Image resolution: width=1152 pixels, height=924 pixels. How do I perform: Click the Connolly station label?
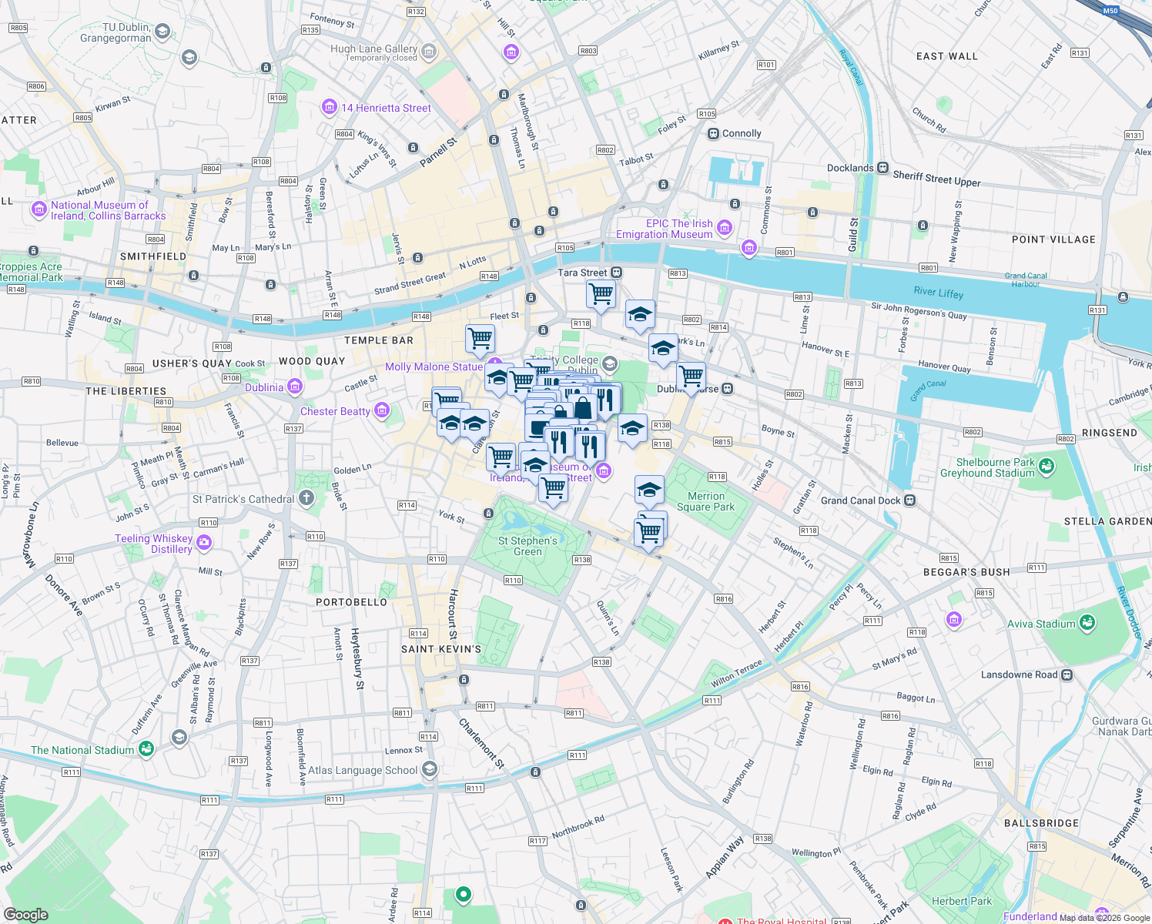click(x=741, y=133)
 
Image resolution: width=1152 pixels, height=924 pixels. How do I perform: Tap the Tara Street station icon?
click(x=616, y=273)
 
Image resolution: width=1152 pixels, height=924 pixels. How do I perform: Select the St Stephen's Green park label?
click(x=527, y=546)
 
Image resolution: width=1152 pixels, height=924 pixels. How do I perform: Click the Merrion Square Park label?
click(x=705, y=501)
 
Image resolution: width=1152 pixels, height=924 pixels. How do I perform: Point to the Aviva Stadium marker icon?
click(x=1087, y=623)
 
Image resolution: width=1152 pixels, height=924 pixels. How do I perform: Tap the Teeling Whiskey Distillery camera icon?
click(x=204, y=543)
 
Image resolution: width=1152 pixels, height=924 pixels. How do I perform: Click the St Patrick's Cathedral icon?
click(x=306, y=498)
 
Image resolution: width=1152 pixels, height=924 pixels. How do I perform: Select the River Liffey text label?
click(x=938, y=293)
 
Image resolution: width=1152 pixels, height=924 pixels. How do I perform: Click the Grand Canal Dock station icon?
click(x=909, y=500)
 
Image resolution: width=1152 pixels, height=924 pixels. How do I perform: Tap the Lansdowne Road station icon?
click(x=1067, y=675)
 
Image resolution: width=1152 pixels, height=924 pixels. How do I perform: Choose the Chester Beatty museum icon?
click(x=381, y=410)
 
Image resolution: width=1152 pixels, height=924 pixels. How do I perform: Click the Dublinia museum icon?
click(x=294, y=387)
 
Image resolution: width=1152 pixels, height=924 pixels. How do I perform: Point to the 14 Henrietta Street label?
click(x=386, y=108)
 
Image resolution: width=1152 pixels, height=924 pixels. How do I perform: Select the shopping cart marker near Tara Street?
click(x=601, y=293)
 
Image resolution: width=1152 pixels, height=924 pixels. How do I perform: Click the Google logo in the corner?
click(x=26, y=914)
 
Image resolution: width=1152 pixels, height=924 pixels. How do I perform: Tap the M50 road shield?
click(x=1110, y=11)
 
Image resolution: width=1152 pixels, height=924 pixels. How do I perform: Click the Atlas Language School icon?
click(x=430, y=768)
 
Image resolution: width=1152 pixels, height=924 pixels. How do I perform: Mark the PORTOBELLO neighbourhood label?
click(x=351, y=602)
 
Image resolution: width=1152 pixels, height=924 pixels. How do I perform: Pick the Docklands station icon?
click(x=882, y=168)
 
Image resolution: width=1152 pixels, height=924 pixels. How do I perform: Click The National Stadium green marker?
click(x=146, y=748)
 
